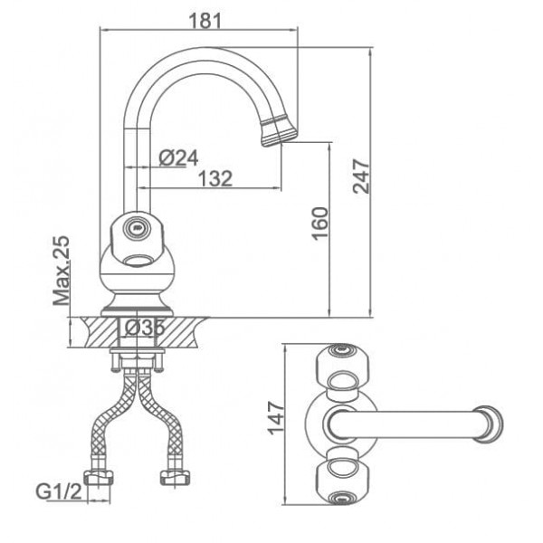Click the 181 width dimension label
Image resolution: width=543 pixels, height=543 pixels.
205,21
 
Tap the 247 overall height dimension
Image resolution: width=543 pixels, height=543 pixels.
361,176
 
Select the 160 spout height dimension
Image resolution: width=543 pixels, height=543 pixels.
319,224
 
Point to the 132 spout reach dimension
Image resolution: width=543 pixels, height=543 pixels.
215,178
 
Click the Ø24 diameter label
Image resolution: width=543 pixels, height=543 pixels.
178,157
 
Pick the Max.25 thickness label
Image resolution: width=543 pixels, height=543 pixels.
62,271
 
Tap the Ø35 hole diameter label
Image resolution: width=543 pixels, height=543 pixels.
144,328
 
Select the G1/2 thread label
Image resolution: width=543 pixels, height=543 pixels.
59,491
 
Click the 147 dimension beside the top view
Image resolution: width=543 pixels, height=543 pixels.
276,417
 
